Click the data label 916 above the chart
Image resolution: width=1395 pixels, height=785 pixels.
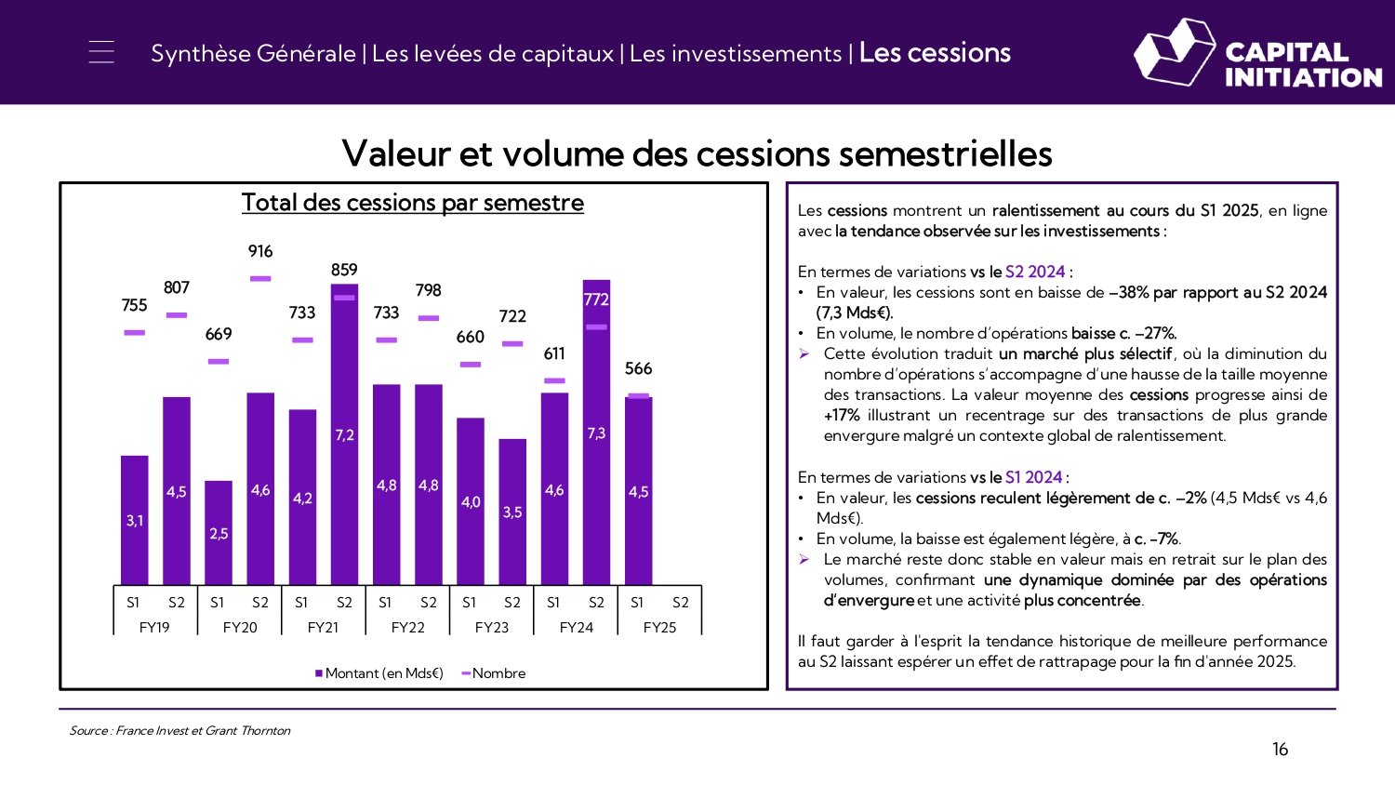[x=260, y=251]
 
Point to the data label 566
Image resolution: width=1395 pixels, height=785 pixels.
[x=638, y=368]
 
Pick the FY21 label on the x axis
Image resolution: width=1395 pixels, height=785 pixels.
[x=323, y=628]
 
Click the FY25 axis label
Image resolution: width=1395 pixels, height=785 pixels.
[x=659, y=628]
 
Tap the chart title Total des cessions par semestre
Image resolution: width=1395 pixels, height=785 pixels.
[x=413, y=203]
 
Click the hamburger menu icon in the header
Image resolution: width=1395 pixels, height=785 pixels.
[x=101, y=52]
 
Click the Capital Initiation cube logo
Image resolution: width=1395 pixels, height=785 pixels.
[x=1175, y=52]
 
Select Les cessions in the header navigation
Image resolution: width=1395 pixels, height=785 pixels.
[x=935, y=53]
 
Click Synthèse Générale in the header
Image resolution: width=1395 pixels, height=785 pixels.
[x=253, y=54]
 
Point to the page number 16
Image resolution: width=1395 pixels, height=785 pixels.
[x=1280, y=750]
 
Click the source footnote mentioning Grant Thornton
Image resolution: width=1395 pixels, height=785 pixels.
[x=179, y=731]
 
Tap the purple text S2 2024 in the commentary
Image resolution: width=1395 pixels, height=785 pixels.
[x=1034, y=272]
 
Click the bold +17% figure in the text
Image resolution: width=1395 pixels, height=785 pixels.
[x=841, y=415]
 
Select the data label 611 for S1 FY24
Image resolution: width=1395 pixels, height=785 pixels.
[x=554, y=353]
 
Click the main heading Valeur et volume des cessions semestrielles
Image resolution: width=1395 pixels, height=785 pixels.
[x=697, y=153]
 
